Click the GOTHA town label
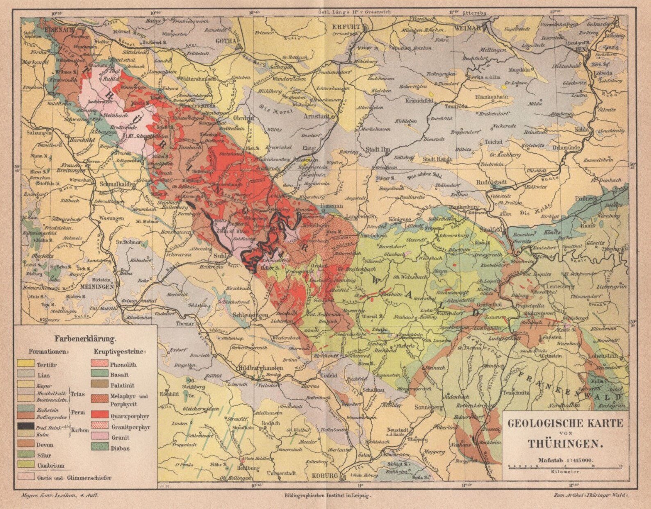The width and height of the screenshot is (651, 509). [228, 41]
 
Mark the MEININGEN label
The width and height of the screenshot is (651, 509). [97, 287]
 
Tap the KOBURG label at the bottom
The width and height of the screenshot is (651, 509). [323, 476]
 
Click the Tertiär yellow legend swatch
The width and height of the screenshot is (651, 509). [25, 364]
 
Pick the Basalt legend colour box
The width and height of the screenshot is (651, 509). [100, 375]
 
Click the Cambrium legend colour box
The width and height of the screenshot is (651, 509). [25, 466]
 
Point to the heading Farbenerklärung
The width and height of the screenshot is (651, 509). [85, 339]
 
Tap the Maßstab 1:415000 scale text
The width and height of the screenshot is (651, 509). [566, 459]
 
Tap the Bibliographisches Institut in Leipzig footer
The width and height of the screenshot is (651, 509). [327, 495]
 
